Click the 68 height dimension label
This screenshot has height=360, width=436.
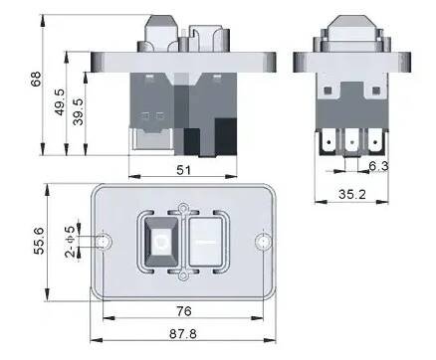click(x=36, y=79)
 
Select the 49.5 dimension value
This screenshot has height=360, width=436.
click(x=60, y=102)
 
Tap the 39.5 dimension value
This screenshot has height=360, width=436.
click(x=79, y=111)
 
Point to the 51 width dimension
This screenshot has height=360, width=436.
click(x=183, y=170)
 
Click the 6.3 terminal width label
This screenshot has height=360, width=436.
click(x=378, y=166)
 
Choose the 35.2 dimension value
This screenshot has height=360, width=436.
click(x=352, y=194)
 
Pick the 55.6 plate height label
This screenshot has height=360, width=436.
click(x=39, y=241)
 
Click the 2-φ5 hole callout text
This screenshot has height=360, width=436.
click(x=71, y=242)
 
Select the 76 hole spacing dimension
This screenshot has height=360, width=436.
click(x=183, y=311)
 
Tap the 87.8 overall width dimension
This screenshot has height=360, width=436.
click(x=183, y=333)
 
